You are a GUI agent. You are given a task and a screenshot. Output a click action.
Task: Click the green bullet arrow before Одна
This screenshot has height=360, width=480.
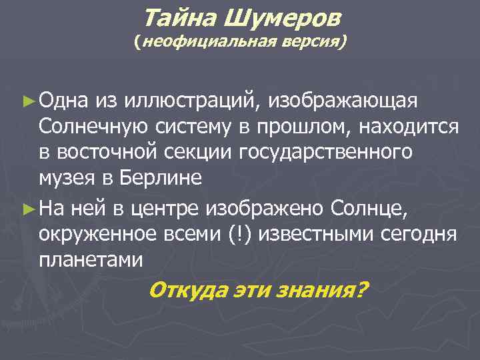point(27,101)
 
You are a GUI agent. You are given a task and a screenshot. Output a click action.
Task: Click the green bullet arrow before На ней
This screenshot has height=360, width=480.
point(27,211)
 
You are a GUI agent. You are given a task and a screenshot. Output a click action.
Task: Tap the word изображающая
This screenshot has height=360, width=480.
point(343,101)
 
